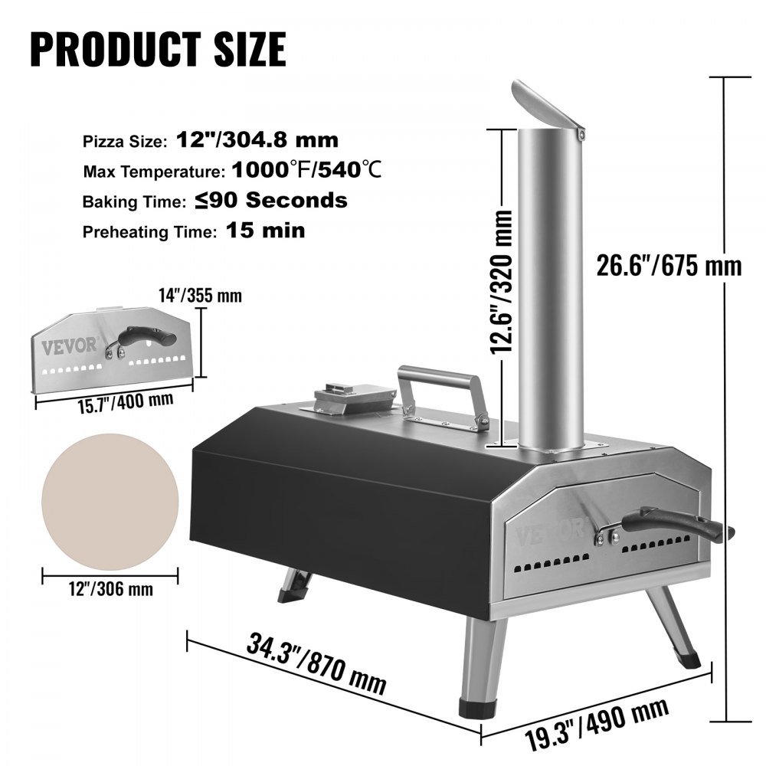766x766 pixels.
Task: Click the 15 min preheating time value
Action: pyautogui.click(x=265, y=231)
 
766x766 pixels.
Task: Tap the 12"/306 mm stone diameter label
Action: pyautogui.click(x=110, y=589)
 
